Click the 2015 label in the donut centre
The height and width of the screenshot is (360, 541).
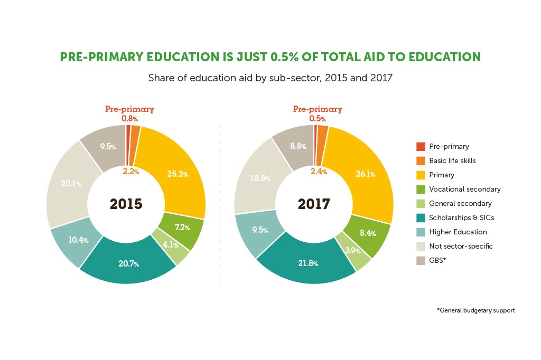click(126, 204)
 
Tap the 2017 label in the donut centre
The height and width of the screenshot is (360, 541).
click(314, 204)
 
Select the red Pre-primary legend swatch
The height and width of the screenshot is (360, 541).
click(421, 147)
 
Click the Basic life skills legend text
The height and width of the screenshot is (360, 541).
click(452, 160)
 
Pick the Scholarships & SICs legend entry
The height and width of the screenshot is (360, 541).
click(462, 217)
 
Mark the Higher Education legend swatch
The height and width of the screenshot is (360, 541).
click(421, 232)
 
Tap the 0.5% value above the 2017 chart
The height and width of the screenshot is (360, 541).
click(318, 119)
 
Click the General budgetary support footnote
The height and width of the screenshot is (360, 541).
click(475, 310)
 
